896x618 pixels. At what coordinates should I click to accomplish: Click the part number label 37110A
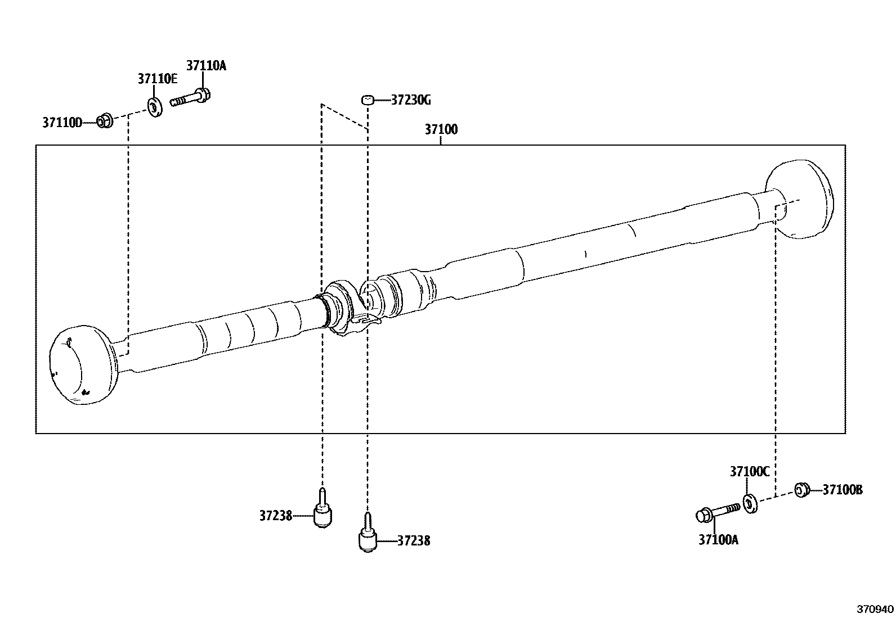[206, 66]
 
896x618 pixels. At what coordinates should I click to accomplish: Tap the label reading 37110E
[158, 79]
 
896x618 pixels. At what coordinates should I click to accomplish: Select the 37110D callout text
[62, 122]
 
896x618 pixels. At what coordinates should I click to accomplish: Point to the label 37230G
[411, 101]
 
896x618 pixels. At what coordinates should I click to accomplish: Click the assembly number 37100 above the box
[441, 130]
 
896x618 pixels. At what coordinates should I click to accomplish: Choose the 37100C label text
[749, 472]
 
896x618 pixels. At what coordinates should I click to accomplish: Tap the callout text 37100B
[842, 490]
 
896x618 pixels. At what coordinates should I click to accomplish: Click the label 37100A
[718, 540]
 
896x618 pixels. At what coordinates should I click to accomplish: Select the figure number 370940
[875, 609]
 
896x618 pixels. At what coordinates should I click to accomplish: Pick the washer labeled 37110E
[154, 106]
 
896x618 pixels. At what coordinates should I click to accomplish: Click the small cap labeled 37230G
[368, 101]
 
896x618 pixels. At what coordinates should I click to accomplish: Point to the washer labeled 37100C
[750, 503]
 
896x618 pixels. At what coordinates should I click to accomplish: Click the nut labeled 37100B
[801, 490]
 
